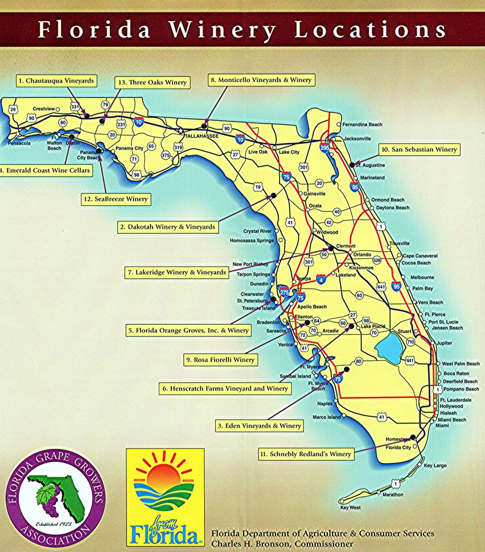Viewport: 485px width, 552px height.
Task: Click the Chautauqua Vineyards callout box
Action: [55, 81]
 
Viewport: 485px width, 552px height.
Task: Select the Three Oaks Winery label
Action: [151, 82]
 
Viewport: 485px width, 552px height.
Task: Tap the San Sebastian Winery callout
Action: [419, 149]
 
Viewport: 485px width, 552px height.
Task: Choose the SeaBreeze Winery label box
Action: [114, 199]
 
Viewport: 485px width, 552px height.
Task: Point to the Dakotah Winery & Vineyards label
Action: [168, 226]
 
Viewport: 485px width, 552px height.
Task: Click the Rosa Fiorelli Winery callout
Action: [220, 360]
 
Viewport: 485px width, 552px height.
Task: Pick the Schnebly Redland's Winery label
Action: [305, 454]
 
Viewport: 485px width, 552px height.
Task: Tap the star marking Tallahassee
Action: [181, 131]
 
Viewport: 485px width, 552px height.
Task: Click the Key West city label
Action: [350, 508]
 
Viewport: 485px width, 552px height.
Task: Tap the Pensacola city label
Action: [19, 143]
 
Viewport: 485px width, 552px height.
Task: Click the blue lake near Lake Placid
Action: [388, 346]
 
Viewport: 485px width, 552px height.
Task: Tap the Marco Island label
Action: [327, 417]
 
